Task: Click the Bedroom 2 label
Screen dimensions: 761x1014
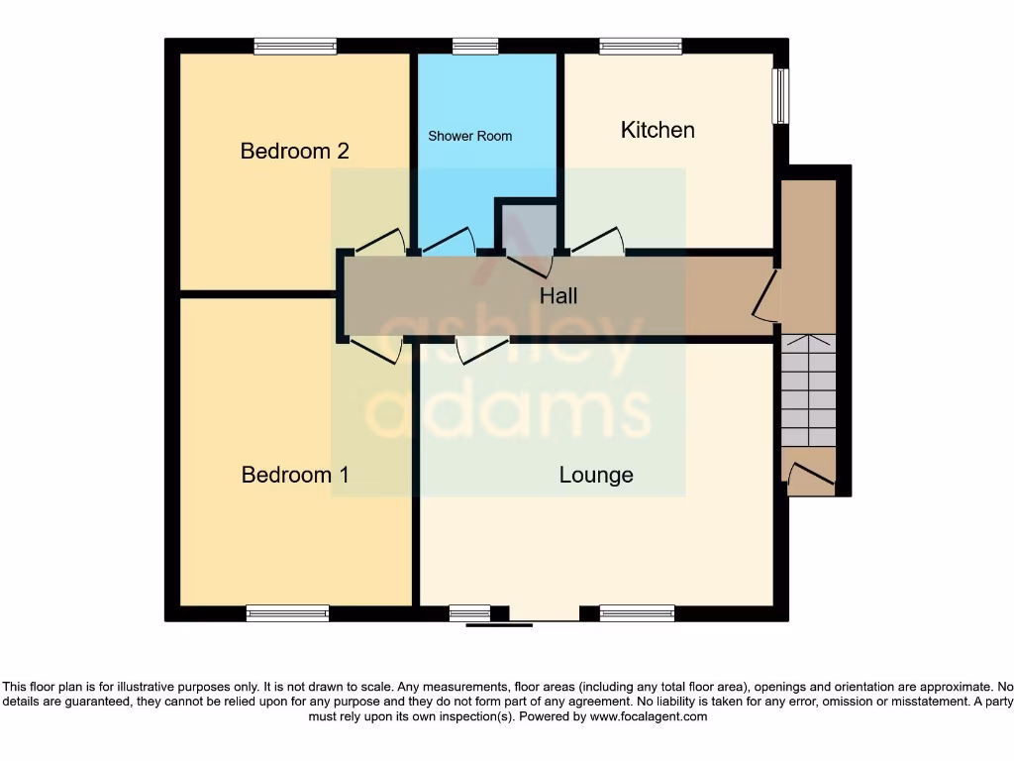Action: point(294,152)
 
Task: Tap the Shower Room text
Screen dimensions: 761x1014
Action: point(469,136)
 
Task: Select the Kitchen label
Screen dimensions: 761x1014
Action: point(658,130)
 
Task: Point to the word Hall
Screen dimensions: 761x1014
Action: point(558,295)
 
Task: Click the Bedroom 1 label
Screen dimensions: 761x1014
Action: point(295,475)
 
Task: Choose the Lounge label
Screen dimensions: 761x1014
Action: point(596,475)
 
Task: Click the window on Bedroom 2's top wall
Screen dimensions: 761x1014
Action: point(295,46)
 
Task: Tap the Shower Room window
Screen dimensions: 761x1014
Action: point(475,46)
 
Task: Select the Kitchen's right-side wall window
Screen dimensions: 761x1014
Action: point(781,96)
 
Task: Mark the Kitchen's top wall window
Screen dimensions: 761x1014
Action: point(641,46)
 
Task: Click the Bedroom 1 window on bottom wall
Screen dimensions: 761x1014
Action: point(287,613)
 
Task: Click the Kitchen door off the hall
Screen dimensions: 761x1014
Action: point(598,242)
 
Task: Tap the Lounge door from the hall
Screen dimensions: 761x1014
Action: point(482,350)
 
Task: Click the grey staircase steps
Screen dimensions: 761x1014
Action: point(809,391)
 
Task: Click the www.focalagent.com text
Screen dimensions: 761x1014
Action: point(649,716)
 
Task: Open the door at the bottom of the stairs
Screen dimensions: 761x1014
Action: point(810,473)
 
